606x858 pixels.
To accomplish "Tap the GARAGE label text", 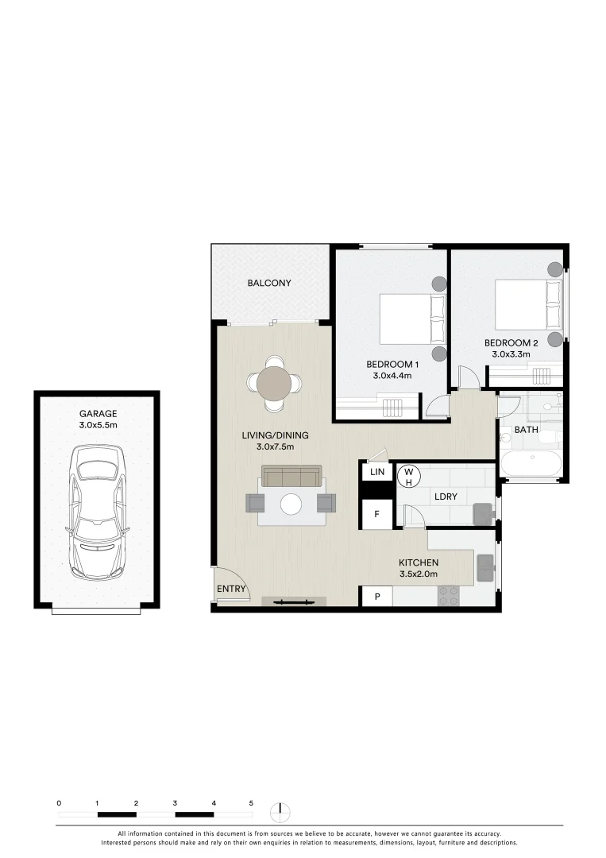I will click(98, 413).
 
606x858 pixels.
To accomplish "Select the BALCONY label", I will click(268, 283).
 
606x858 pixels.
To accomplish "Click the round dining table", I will click(274, 383).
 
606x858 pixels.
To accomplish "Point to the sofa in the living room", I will click(291, 477).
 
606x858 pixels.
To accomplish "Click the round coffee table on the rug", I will click(291, 504).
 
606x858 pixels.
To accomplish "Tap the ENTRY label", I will click(232, 589).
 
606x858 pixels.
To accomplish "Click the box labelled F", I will click(377, 514).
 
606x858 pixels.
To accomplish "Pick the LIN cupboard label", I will click(377, 472).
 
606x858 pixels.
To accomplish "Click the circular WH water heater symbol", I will click(408, 476).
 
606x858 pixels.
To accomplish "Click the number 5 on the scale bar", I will click(251, 803).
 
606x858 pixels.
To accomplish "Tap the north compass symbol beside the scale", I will click(280, 813).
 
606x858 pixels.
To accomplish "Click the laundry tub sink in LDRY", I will click(482, 514).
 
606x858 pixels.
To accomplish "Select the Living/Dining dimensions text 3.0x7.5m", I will click(276, 447).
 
